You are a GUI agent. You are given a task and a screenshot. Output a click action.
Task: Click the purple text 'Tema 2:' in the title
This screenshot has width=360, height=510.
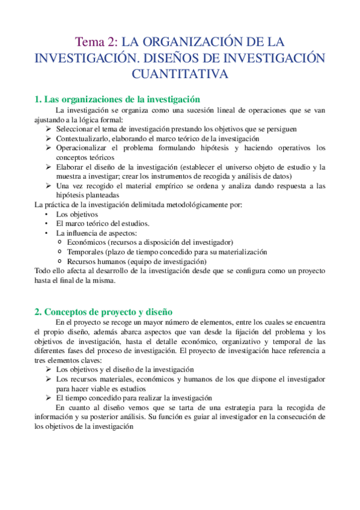(96, 42)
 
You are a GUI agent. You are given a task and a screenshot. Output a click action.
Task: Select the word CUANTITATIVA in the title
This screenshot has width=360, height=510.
(180, 74)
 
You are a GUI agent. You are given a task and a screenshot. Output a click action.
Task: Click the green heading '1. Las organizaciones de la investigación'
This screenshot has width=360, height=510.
(117, 99)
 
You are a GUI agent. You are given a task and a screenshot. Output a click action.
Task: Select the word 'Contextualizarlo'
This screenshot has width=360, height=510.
(83, 138)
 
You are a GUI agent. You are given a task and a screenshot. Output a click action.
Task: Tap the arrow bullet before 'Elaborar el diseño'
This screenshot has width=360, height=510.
(49, 167)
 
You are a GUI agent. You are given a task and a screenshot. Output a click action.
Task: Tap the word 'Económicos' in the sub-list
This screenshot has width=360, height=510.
(88, 242)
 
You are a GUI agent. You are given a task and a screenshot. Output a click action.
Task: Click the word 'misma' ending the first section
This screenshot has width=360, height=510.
(95, 280)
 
